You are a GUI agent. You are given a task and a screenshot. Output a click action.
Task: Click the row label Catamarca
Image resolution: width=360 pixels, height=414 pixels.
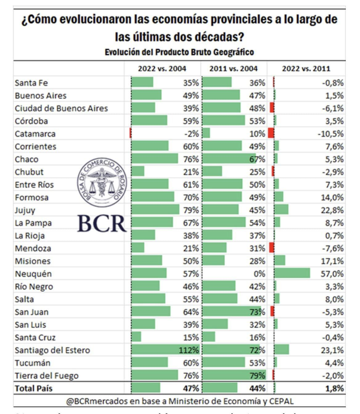35,134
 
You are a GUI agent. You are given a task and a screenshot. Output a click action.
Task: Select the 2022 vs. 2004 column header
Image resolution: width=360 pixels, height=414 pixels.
162,68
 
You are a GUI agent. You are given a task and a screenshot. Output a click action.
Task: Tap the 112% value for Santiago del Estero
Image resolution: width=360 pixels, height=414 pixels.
189,350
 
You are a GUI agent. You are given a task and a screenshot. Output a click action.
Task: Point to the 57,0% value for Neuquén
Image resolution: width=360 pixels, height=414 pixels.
332,274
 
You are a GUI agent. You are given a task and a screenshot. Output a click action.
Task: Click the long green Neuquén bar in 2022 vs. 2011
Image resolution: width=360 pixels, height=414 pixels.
292,273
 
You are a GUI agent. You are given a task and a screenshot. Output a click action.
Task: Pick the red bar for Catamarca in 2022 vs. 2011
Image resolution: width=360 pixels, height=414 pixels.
271,133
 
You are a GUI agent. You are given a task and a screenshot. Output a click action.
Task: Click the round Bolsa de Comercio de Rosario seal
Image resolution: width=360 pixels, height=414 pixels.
101,184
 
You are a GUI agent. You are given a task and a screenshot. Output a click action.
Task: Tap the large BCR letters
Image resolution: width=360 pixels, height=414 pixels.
102,223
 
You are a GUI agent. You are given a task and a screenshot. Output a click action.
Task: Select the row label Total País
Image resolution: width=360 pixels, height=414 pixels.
34,388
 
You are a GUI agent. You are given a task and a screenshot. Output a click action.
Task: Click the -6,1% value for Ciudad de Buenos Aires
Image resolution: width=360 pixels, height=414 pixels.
333,108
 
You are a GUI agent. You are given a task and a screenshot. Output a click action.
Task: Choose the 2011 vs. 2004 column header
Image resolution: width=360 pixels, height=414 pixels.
233,68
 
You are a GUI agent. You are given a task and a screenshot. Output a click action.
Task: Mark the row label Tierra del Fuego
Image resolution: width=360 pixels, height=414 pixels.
47,375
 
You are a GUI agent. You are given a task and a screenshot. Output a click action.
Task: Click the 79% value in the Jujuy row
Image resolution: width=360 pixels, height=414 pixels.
191,210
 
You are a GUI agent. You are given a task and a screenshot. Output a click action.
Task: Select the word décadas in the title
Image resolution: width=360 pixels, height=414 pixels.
214,37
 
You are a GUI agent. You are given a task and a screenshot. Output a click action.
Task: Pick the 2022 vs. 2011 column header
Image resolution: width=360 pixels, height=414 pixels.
306,68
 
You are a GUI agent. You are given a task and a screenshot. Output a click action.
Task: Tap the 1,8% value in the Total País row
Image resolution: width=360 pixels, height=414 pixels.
334,388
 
